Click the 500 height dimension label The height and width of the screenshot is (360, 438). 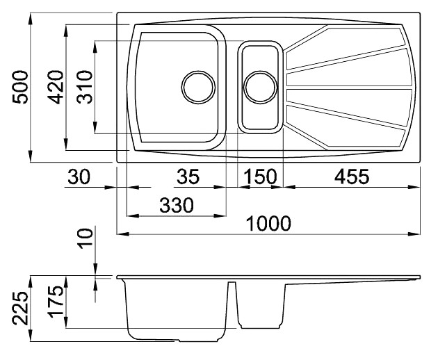(20, 87)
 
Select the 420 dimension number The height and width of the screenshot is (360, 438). (56, 87)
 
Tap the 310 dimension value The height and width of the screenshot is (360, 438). (84, 87)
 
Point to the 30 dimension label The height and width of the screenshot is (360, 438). (79, 177)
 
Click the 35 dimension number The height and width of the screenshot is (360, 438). (188, 177)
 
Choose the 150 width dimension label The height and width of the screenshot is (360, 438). (260, 177)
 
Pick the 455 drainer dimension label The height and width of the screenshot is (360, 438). (352, 177)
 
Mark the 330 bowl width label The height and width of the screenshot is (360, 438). (177, 205)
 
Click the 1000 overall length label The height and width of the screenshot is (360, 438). (269, 223)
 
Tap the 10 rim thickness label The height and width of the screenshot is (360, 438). (85, 238)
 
